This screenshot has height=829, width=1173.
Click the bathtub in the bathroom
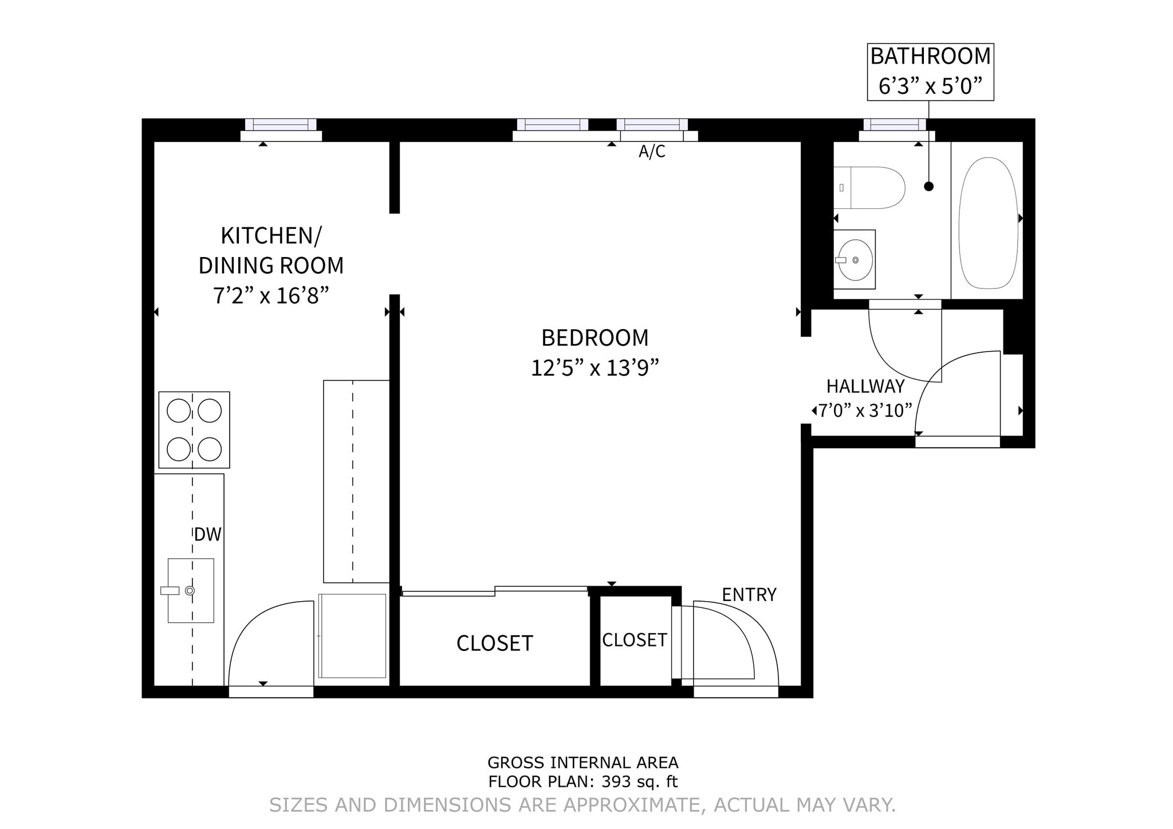[x=988, y=223]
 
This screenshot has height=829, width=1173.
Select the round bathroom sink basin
[x=856, y=260]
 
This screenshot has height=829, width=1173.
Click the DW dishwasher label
[x=207, y=535]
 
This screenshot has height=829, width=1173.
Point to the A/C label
[x=652, y=152]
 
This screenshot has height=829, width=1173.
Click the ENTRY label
[x=749, y=595]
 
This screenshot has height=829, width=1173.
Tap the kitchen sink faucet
[x=171, y=590]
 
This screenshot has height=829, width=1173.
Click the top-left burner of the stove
[x=179, y=410]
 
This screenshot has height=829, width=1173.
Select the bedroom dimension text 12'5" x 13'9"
[x=595, y=368]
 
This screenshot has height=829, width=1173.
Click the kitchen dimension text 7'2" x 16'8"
[x=271, y=296]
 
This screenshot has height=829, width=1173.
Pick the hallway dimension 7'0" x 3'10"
[x=865, y=410]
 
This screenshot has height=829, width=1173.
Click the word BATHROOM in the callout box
[x=930, y=57]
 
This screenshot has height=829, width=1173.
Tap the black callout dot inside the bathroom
[x=929, y=186]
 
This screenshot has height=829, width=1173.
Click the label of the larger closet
[x=494, y=644]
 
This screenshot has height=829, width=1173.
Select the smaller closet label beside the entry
[x=634, y=640]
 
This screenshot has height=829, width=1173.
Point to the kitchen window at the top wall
[x=281, y=125]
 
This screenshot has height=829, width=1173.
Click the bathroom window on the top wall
[x=895, y=125]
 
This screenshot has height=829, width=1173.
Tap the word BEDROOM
[x=595, y=338]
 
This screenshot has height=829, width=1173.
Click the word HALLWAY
[x=865, y=386]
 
